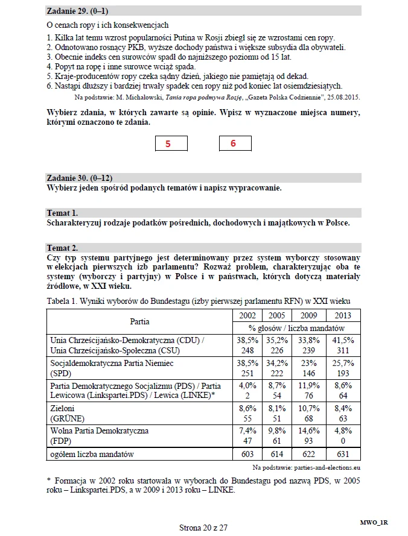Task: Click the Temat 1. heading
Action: click(62, 213)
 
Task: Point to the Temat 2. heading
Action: click(62, 248)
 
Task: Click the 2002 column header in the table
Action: click(247, 315)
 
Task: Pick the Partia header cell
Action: click(139, 321)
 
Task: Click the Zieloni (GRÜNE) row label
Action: click(67, 413)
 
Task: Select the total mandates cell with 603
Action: click(247, 454)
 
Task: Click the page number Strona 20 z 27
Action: click(203, 528)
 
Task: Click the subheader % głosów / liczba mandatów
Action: click(296, 328)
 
